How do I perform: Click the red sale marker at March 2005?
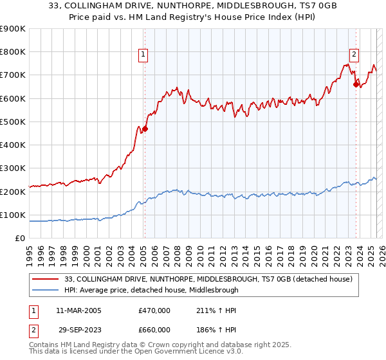pos(145,129)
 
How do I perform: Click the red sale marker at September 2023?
pos(356,84)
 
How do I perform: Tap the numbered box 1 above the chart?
pos(142,55)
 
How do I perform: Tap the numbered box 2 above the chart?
pos(354,55)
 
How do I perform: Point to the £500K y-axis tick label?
pos(14,122)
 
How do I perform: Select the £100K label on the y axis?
pos(14,215)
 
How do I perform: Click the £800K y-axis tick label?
pos(14,51)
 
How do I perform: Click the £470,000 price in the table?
pos(154,310)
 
